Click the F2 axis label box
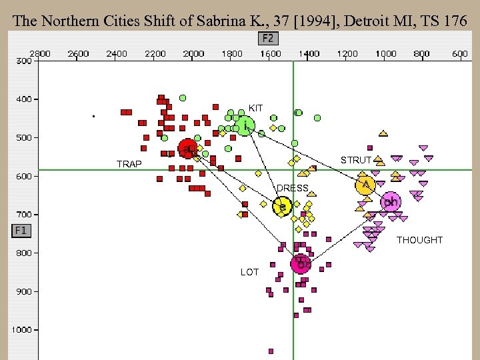pyautogui.click(x=269, y=38)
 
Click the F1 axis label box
pyautogui.click(x=20, y=231)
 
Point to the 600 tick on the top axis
pyautogui.click(x=459, y=53)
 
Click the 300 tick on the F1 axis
pyautogui.click(x=24, y=61)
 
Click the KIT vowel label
pyautogui.click(x=255, y=108)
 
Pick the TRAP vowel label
pyautogui.click(x=129, y=164)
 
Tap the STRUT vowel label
pyautogui.click(x=355, y=161)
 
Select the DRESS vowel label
pyautogui.click(x=292, y=189)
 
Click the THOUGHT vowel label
pyautogui.click(x=419, y=240)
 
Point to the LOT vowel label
pyautogui.click(x=249, y=272)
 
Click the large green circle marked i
pyautogui.click(x=245, y=125)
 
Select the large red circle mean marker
pyautogui.click(x=187, y=149)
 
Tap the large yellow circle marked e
pyautogui.click(x=283, y=207)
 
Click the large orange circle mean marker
pyautogui.click(x=365, y=185)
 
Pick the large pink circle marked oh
pyautogui.click(x=391, y=201)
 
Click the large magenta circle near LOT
pyautogui.click(x=301, y=263)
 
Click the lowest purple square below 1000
pyautogui.click(x=271, y=351)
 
